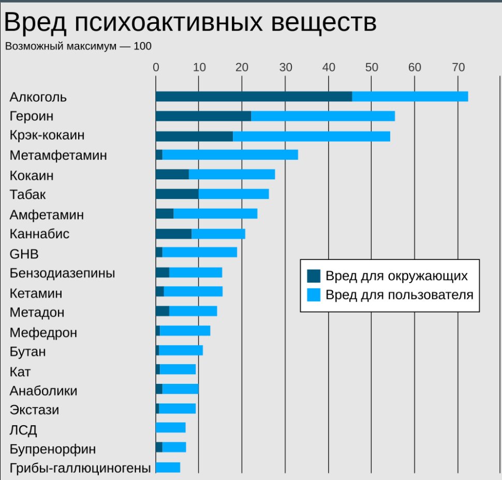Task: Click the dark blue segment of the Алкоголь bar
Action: pos(254,97)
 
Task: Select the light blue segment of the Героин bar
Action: pos(323,116)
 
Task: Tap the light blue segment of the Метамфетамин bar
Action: pos(230,155)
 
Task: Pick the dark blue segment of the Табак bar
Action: pos(177,194)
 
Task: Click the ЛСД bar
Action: pos(170,428)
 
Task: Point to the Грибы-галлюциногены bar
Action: pos(168,468)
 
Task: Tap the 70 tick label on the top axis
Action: pos(457,67)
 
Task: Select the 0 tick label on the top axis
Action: pos(156,67)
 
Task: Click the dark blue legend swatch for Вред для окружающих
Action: pos(313,276)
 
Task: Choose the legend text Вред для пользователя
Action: pos(400,295)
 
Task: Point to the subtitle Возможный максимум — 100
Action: pos(78,46)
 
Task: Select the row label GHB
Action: pos(24,254)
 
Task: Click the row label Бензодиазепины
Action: pos(63,273)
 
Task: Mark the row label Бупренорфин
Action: pos(53,448)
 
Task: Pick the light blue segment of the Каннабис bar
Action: pos(218,234)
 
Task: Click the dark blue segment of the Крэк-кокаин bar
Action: pos(194,136)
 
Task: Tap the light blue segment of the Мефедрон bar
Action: pos(185,331)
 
